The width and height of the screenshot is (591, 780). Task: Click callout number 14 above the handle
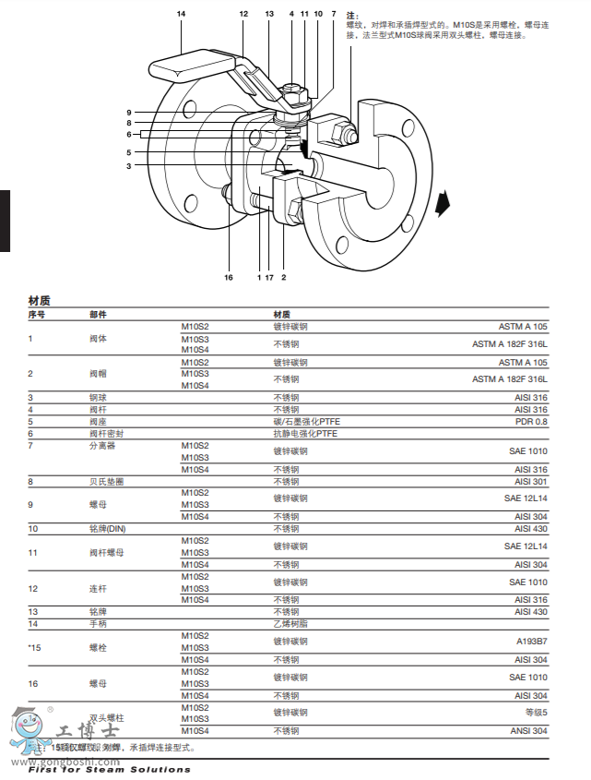coord(182,14)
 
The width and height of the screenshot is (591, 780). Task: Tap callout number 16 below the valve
coord(230,277)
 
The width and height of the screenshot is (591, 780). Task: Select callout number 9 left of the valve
coord(130,113)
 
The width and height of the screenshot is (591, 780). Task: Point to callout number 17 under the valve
coord(269,277)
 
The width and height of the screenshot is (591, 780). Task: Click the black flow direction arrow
coord(445,200)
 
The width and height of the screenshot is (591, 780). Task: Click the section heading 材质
coord(40,301)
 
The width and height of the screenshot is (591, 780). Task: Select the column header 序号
coord(37,315)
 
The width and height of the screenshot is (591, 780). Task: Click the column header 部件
coord(98,315)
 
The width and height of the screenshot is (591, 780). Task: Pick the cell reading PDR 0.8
coord(531,421)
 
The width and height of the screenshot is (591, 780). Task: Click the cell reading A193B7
coord(530,642)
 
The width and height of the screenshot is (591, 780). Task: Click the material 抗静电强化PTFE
coord(305,433)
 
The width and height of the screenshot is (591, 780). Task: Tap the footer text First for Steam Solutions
coord(110,769)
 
